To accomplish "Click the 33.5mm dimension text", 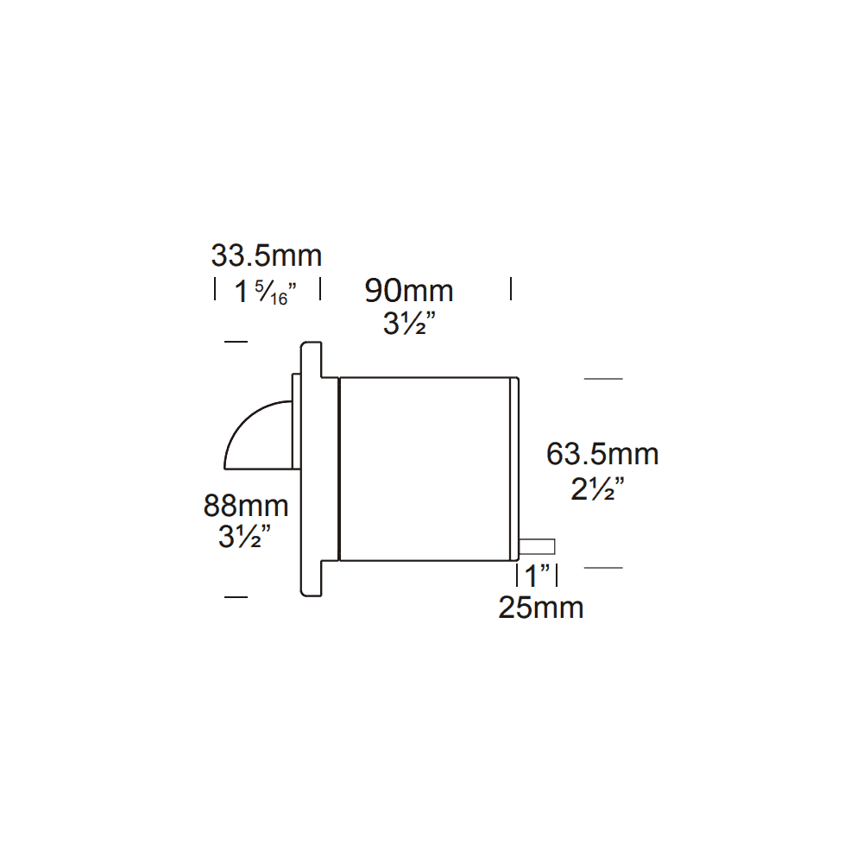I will click(266, 256).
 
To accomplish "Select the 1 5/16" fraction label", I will click(266, 292).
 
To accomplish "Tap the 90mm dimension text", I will click(408, 291).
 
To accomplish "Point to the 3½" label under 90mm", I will click(408, 325).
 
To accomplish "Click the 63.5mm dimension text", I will click(602, 454).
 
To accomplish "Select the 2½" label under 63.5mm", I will click(597, 489).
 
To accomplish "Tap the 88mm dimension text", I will click(246, 504).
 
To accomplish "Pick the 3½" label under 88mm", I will click(245, 538).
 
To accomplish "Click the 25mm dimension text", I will click(541, 608).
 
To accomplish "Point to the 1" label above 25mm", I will click(537, 576).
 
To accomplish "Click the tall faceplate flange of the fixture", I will click(311, 469).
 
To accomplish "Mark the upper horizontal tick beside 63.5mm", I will click(603, 379).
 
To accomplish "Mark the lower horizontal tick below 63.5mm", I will click(603, 568).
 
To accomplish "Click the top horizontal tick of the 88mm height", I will click(235, 343).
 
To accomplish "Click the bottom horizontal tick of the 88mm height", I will click(235, 596).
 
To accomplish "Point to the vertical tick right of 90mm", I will click(511, 289).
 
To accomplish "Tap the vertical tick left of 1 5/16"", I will click(215, 289).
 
